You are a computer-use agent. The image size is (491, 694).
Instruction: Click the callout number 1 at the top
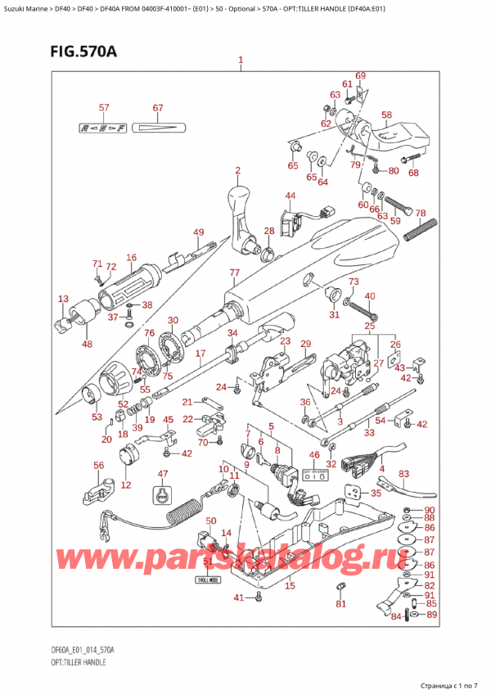click(241, 61)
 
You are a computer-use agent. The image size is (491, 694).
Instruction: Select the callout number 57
click(104, 109)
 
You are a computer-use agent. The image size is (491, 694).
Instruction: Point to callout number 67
click(158, 109)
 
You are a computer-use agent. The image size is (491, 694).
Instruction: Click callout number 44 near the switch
click(291, 196)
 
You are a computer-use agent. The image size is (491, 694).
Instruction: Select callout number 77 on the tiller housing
click(234, 273)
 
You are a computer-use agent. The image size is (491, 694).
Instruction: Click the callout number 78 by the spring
click(421, 214)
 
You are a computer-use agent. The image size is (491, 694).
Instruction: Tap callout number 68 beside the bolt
click(413, 173)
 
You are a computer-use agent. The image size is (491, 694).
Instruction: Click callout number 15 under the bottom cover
click(290, 585)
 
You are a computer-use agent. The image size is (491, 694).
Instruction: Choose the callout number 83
click(403, 475)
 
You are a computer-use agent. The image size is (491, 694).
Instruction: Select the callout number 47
click(162, 474)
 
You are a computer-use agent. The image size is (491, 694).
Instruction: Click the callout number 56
click(99, 466)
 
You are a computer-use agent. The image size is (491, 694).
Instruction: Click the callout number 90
click(431, 510)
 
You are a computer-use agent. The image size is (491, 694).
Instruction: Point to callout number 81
click(341, 605)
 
